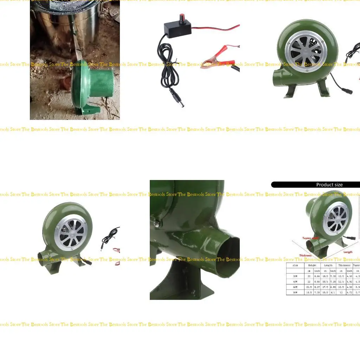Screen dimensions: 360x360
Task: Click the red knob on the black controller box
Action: (x=182, y=17)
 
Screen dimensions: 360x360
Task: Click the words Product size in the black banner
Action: (x=329, y=185)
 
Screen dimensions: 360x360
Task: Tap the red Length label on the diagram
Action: (x=348, y=252)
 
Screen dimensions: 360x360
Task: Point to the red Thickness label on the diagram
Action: (x=305, y=256)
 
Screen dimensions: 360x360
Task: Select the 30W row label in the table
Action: (x=295, y=276)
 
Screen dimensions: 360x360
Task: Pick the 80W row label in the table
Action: (x=295, y=292)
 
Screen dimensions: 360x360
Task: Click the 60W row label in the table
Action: (x=295, y=287)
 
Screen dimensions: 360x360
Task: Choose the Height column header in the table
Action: (x=312, y=265)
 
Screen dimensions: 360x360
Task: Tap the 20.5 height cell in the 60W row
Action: (x=309, y=287)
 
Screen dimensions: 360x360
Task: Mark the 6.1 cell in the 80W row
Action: (x=333, y=292)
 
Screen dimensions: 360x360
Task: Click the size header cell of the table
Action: (x=295, y=265)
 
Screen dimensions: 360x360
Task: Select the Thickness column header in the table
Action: (x=344, y=265)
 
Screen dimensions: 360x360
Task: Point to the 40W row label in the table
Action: (x=295, y=282)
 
